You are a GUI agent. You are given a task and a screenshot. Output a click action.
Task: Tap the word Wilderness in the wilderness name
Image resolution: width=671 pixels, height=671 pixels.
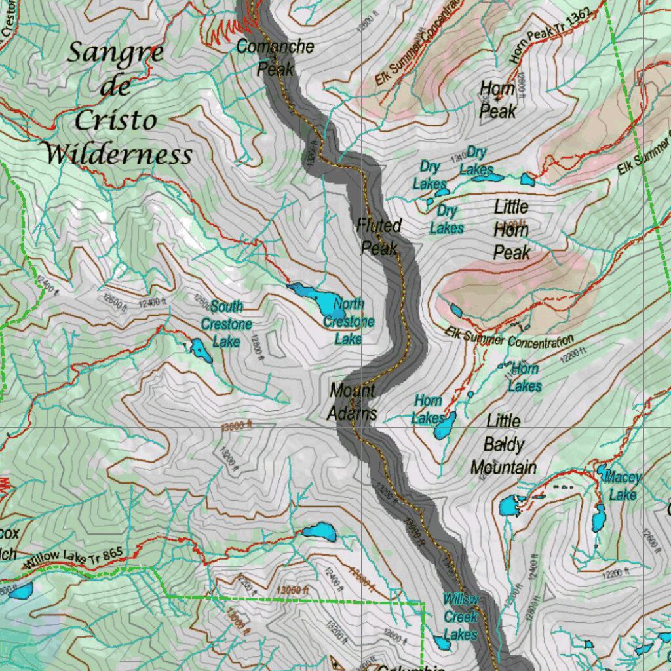pos(119,155)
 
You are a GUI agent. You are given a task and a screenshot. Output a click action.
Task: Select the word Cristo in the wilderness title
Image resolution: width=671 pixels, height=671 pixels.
pos(116,121)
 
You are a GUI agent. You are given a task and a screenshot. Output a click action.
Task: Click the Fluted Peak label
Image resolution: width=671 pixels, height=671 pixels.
pos(379,237)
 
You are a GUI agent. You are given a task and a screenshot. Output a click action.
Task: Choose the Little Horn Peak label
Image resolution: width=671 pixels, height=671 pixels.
pos(512,229)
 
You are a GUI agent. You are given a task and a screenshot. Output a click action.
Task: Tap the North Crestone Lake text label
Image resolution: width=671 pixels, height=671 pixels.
pos(349,321)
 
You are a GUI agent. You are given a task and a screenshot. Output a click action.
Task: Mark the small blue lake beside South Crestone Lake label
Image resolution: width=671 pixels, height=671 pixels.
pos(200,351)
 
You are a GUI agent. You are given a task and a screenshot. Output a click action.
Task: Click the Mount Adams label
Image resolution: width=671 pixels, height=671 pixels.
pos(353,401)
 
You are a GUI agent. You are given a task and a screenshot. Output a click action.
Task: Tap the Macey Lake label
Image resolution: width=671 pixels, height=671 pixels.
pos(622,486)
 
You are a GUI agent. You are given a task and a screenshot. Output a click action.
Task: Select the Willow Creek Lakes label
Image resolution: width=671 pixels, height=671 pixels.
pos(460,617)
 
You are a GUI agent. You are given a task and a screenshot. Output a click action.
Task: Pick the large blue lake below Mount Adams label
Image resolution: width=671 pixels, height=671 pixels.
pos(319,531)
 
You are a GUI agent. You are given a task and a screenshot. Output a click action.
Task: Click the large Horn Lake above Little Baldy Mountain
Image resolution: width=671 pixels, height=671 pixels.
pos(444,426)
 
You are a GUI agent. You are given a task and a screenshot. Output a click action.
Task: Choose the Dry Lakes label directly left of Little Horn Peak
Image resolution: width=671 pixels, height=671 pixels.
pos(446,220)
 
